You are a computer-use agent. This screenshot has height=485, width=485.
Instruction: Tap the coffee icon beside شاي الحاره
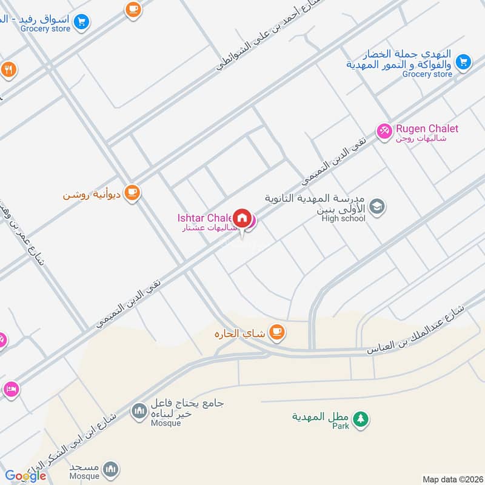pos(277,332)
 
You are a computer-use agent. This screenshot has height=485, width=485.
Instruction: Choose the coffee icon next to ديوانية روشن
pos(132,193)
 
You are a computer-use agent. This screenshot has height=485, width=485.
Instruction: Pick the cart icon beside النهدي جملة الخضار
pos(464,61)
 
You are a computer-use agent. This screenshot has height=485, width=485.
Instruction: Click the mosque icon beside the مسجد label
pos(110,468)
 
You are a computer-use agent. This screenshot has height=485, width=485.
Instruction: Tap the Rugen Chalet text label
pos(427,129)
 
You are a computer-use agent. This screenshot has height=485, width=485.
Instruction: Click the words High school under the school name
pos(344,218)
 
